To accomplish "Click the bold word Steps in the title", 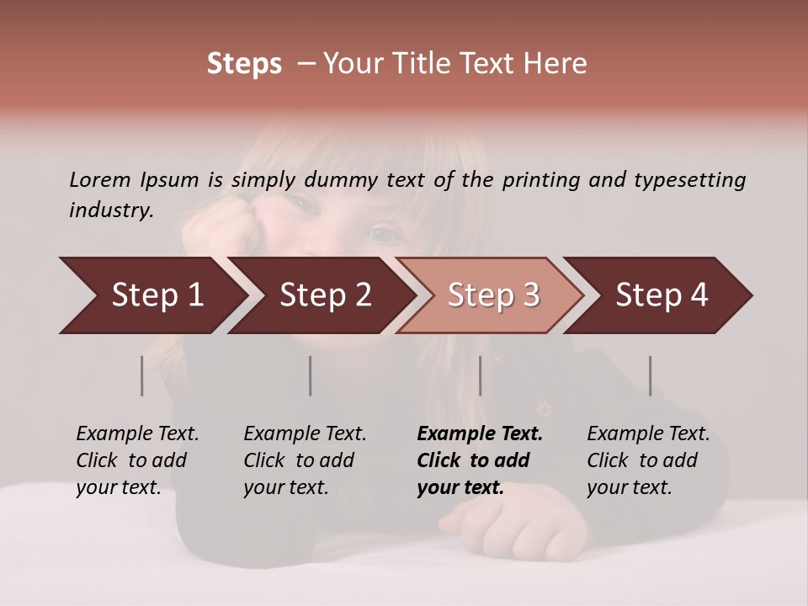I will [244, 64].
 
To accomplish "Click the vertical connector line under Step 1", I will [142, 375].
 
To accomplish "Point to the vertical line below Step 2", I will [311, 375].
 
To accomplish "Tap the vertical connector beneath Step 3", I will [481, 375].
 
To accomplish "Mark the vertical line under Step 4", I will [651, 375].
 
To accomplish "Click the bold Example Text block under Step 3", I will [480, 460].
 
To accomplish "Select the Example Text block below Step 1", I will [137, 460].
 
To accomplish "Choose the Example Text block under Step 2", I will [305, 460].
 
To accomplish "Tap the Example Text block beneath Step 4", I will [648, 460].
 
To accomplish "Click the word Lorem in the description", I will [99, 179].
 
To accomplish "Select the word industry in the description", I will [110, 210].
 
